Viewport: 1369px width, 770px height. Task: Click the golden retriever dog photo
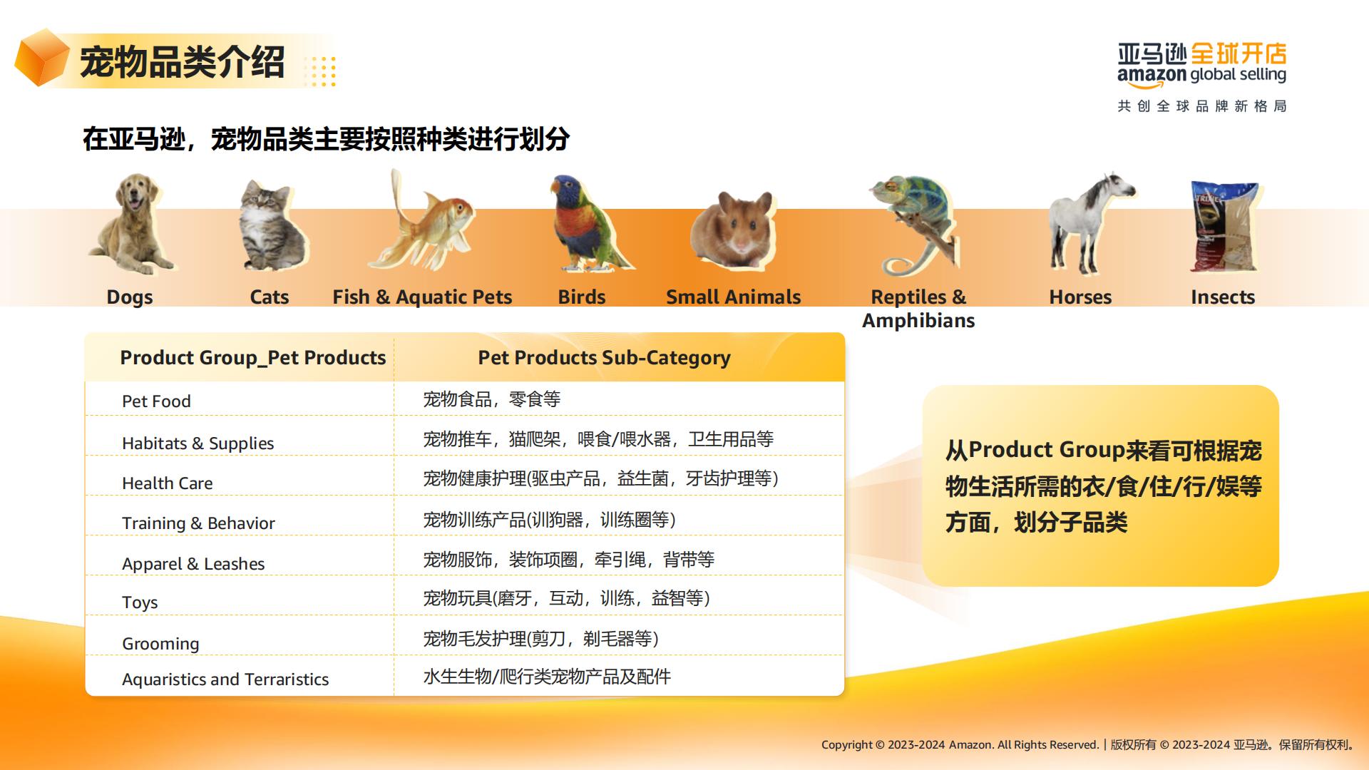click(x=131, y=225)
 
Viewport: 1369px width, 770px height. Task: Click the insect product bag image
click(x=1224, y=226)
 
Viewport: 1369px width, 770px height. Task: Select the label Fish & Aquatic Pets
click(x=422, y=297)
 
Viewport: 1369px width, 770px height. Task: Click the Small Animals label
click(x=733, y=297)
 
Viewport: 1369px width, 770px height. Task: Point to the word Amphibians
click(x=918, y=321)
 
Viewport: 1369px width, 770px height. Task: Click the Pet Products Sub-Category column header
click(x=604, y=358)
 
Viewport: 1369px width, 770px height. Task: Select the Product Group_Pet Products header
click(x=253, y=358)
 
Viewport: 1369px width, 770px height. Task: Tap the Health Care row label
click(x=168, y=483)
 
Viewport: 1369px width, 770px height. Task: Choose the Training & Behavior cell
click(x=198, y=523)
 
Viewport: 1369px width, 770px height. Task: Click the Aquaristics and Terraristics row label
click(x=225, y=679)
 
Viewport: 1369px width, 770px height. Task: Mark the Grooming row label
click(x=160, y=644)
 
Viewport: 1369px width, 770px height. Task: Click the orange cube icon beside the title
click(x=41, y=58)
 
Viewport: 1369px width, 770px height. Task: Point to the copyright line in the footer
click(x=1088, y=745)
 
